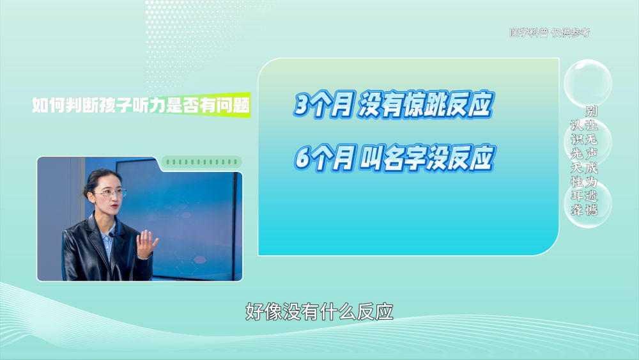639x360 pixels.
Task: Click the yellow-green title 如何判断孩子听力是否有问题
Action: (141, 106)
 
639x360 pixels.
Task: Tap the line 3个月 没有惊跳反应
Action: (393, 104)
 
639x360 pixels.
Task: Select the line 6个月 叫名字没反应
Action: (394, 158)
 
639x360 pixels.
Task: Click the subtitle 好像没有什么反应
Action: (319, 312)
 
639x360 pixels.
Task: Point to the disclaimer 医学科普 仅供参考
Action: (550, 33)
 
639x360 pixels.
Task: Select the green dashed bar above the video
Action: (202, 162)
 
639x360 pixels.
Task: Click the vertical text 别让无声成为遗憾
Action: (591, 160)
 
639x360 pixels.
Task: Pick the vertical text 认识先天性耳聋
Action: (576, 168)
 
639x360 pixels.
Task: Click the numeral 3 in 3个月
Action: (302, 106)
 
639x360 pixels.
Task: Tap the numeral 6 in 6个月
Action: (303, 158)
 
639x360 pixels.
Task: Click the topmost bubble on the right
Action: (587, 82)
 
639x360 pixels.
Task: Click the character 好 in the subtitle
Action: (254, 312)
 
